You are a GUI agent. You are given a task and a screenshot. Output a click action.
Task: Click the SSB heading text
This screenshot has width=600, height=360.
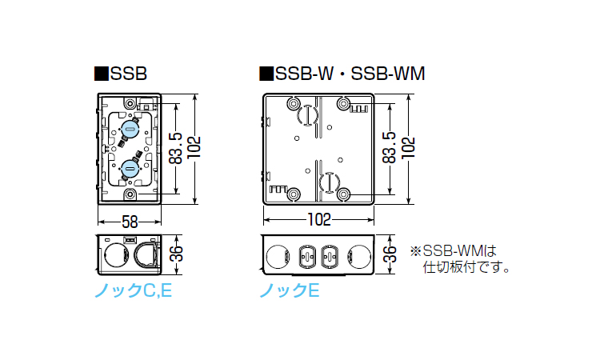pos(129,74)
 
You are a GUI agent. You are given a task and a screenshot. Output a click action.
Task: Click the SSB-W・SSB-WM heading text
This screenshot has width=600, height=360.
pos(350,74)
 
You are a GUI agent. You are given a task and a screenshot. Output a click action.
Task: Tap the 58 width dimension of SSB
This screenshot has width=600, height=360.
pos(130,222)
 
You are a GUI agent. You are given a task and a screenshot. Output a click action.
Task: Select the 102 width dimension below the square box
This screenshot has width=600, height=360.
pos(319,219)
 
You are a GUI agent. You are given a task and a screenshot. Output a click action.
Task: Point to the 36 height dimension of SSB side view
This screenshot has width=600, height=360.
pos(176,254)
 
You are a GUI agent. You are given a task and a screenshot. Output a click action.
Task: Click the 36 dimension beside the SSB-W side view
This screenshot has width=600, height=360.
pos(390,254)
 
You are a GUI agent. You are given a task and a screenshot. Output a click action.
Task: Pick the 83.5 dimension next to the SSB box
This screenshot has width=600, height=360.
pos(176,149)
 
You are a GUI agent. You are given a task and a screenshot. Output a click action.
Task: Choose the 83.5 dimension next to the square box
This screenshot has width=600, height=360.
pos(389,148)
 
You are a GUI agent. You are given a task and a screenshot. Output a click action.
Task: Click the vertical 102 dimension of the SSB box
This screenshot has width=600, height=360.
pos(194,148)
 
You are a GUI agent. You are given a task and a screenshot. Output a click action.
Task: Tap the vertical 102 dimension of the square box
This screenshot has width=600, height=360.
pos(409,148)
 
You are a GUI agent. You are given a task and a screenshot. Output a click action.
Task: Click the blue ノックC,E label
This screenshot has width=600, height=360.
pos(133,291)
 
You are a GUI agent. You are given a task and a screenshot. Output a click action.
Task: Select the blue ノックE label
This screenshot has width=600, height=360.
pos(290,291)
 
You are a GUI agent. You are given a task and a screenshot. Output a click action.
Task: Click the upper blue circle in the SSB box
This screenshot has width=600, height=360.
pos(130,129)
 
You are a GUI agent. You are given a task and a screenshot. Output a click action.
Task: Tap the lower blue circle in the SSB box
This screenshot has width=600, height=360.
pos(130,169)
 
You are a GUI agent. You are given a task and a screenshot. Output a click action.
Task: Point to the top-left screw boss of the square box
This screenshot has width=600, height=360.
pos(294,103)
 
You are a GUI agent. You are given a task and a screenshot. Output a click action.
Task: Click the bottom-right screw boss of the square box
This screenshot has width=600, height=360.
pos(344,194)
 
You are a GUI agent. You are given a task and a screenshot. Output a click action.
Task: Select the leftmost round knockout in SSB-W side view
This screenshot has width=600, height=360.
pos(278,256)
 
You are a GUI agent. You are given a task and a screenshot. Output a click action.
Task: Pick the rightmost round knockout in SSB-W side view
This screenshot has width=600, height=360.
pos(360,256)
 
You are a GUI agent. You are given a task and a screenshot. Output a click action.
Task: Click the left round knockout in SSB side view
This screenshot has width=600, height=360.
pos(115,255)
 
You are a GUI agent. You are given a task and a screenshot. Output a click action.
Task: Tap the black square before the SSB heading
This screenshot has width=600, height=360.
pos(101,74)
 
